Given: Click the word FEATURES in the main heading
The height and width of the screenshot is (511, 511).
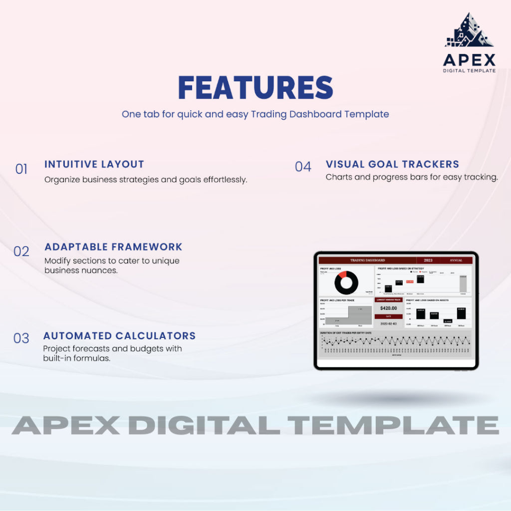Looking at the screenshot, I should tap(255, 88).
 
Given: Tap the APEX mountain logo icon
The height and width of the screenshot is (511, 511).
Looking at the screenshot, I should tap(469, 31).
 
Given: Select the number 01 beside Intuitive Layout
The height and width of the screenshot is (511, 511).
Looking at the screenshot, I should tap(21, 170).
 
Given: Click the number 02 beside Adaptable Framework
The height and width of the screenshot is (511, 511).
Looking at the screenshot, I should tap(21, 252).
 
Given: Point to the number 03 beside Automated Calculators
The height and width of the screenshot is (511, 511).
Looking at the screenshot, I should tap(21, 339).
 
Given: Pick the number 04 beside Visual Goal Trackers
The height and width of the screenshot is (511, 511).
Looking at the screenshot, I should tap(303, 167).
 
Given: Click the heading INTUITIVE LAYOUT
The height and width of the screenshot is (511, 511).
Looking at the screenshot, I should tap(94, 164).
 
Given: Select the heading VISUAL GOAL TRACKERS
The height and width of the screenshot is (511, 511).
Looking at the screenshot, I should tap(392, 164).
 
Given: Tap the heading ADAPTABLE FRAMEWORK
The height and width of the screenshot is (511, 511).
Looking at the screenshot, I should tap(113, 247).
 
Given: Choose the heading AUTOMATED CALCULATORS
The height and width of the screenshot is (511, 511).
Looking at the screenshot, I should tap(119, 336).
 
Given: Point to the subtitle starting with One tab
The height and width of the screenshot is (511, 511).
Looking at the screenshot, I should tap(255, 114).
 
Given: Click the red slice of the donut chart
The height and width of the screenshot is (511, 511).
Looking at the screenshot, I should tap(342, 275).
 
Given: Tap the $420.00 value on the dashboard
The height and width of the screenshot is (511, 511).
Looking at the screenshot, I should tap(388, 308).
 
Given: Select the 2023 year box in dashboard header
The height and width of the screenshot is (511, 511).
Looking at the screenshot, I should tap(428, 260).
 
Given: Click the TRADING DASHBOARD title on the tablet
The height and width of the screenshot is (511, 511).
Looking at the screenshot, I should tap(368, 260).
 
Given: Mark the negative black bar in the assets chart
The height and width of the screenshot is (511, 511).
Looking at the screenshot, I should tap(447, 321).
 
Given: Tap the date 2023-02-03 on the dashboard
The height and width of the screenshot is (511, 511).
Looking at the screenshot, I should tap(388, 323).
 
